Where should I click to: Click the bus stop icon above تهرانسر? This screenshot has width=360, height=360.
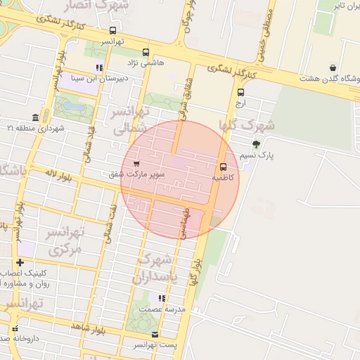(x=113, y=30)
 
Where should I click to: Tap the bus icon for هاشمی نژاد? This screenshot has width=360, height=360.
(x=146, y=52)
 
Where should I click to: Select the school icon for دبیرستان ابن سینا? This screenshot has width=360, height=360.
(x=99, y=68)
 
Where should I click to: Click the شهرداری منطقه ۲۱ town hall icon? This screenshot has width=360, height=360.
(x=35, y=117)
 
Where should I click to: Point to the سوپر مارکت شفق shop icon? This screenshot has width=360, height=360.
(x=135, y=163)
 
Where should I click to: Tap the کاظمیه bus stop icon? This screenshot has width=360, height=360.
(x=223, y=167)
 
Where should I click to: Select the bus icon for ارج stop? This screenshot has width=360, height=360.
(x=241, y=92)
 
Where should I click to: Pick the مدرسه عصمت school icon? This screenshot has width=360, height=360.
(x=162, y=299)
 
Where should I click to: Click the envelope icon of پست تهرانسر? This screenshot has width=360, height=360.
(x=155, y=334)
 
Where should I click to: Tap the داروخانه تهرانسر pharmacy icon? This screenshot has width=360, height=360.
(x=15, y=328)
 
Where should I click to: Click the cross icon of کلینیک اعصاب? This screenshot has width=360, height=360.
(x=20, y=262)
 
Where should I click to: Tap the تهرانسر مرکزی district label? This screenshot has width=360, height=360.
(x=65, y=240)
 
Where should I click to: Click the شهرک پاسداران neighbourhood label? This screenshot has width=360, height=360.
(x=155, y=267)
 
